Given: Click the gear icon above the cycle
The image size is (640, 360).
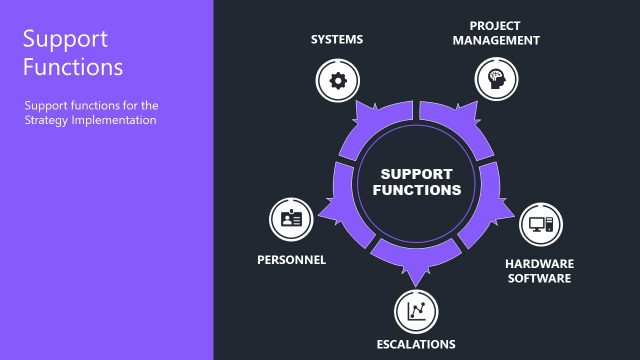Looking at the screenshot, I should click(337, 80).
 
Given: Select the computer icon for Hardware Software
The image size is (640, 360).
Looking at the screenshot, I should click(540, 224).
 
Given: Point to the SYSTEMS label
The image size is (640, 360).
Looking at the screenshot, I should click(337, 40).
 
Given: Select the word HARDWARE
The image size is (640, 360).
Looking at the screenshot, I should click(537, 264).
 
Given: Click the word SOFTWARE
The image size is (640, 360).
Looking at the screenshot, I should click(537, 278).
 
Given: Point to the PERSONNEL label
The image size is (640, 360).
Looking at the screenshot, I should click(291, 259).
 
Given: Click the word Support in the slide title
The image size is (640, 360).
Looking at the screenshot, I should click(64, 40).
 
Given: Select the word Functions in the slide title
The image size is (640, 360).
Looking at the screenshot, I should click(73, 68).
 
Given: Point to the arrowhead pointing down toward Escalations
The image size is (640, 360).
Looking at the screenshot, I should click(412, 276).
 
